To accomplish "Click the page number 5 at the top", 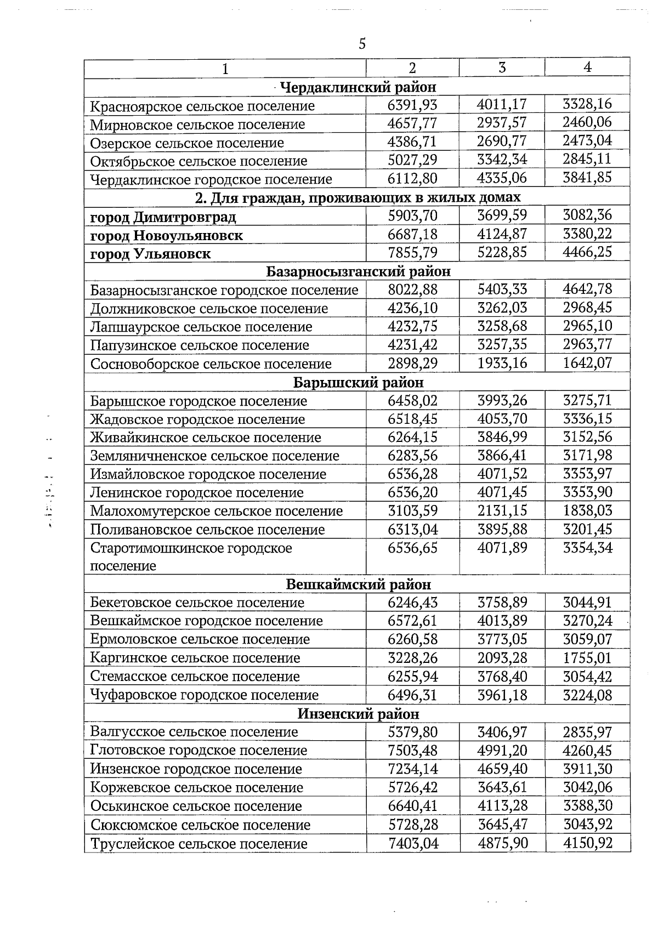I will (362, 44).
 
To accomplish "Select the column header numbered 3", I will (502, 67).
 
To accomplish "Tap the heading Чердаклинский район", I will (358, 87).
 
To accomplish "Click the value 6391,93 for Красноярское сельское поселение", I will (412, 105).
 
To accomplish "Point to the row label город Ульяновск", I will (150, 254).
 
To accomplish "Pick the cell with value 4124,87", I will (502, 234).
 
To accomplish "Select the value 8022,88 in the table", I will (412, 289).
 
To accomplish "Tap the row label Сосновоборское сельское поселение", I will (211, 364).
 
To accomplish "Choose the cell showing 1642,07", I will (587, 363).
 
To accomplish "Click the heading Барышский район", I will (359, 383).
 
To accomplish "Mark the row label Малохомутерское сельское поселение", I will (216, 512).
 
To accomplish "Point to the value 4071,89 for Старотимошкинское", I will (502, 548).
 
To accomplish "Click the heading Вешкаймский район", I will (359, 584).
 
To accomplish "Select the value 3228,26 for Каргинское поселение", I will (412, 658).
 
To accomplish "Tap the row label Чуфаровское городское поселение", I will (204, 695).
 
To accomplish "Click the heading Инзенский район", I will (359, 714).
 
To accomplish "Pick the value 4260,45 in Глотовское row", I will (587, 751).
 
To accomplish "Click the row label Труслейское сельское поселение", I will (198, 844).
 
